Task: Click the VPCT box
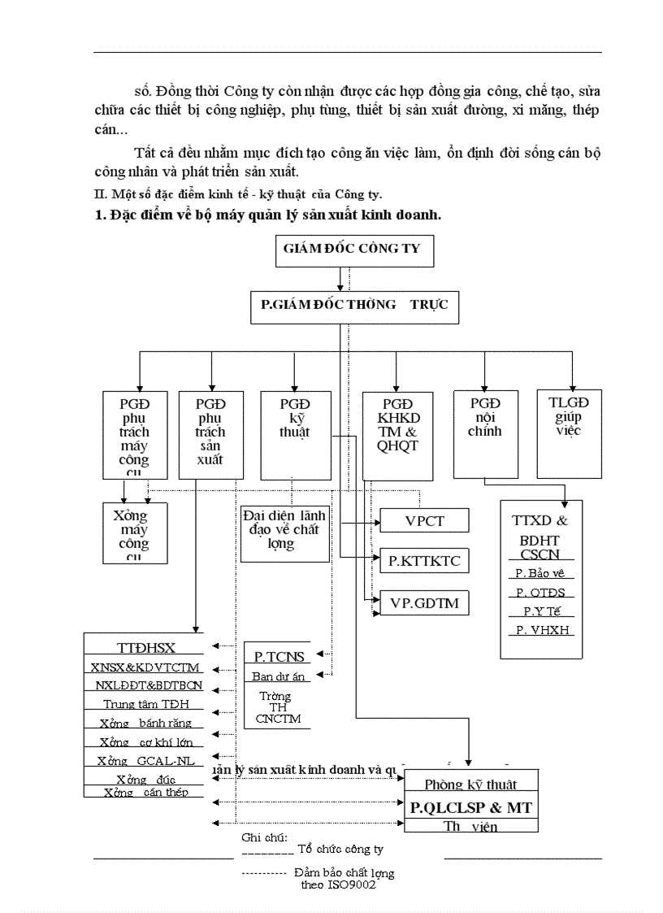pos(424,521)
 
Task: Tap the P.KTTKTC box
pos(423,560)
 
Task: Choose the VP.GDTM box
pos(423,603)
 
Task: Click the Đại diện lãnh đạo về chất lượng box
pos(284,532)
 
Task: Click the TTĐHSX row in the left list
pos(147,648)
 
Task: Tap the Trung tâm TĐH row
pos(146,705)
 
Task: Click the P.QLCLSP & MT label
pos(470,808)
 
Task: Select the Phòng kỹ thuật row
pos(470,785)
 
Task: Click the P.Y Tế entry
pos(542,612)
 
